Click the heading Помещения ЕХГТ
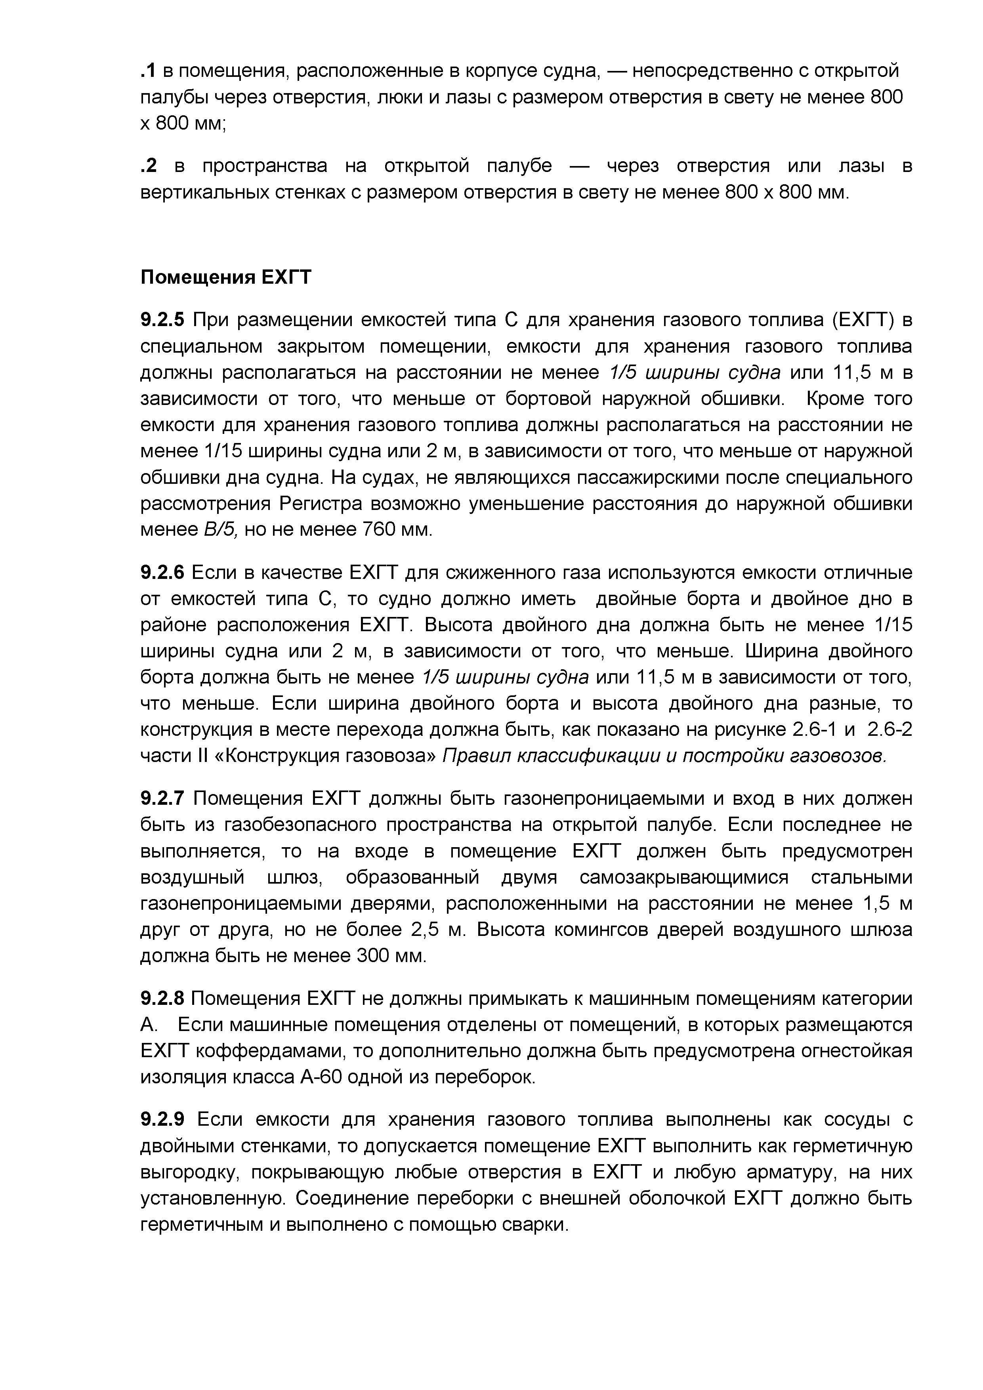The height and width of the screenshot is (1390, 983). (226, 277)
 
